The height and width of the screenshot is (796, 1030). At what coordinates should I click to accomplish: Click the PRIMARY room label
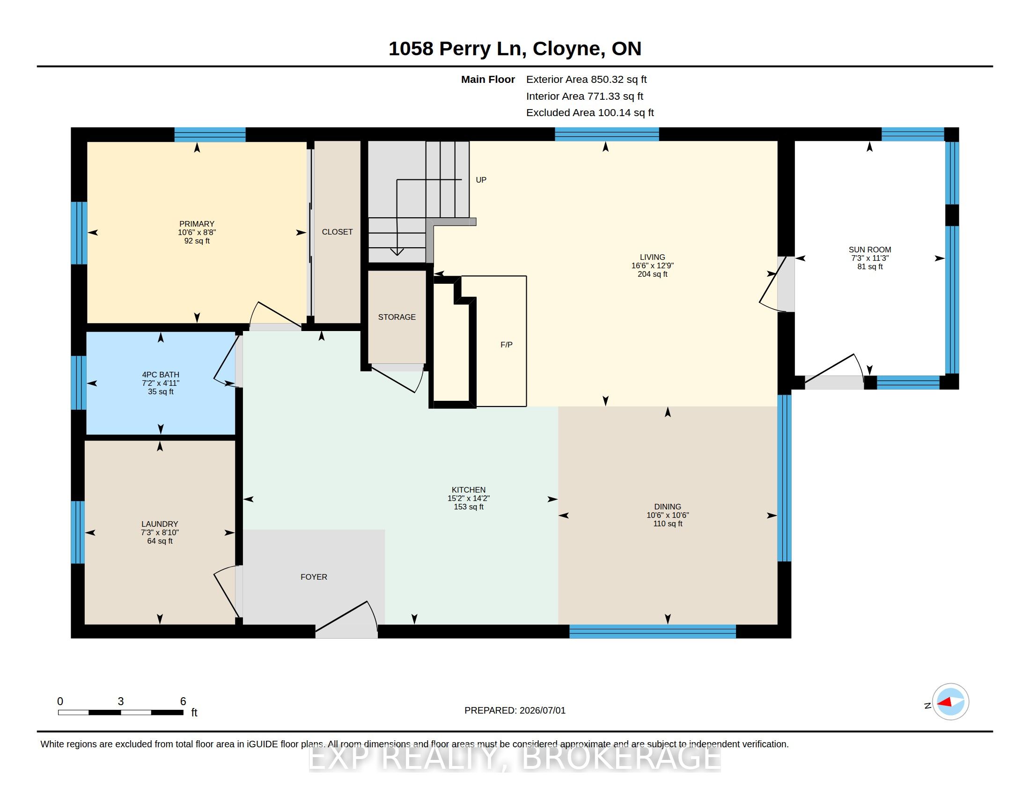(197, 224)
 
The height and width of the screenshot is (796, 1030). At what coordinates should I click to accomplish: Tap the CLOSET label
(337, 232)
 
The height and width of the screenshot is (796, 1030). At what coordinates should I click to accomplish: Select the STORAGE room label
(397, 317)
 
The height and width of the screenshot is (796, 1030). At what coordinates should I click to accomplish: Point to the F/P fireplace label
(507, 345)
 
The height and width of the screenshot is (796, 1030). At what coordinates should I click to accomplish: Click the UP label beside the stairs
(481, 180)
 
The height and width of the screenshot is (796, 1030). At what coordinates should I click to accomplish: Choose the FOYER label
(314, 577)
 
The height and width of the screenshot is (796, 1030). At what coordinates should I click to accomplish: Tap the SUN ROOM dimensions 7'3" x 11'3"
(870, 258)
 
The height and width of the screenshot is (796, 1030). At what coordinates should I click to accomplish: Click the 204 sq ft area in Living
(652, 274)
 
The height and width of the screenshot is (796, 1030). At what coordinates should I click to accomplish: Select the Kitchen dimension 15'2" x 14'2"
(468, 499)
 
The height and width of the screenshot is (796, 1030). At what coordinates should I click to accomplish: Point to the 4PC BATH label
(160, 375)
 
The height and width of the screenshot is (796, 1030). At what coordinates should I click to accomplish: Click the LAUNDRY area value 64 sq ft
(160, 541)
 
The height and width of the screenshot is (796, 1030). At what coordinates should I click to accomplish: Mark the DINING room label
(667, 507)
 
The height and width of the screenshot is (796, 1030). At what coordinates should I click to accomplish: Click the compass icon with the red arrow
(950, 702)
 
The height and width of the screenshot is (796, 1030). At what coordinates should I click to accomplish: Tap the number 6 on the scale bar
(183, 701)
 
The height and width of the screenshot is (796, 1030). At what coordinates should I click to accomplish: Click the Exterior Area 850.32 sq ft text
(586, 80)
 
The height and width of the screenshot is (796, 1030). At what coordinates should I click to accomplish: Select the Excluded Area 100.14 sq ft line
(590, 113)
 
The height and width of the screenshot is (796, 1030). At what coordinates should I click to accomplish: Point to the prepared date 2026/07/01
(541, 710)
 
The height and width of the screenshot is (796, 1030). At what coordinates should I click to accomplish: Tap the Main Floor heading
(488, 80)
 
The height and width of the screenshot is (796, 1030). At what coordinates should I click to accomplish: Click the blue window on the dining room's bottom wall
(653, 632)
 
